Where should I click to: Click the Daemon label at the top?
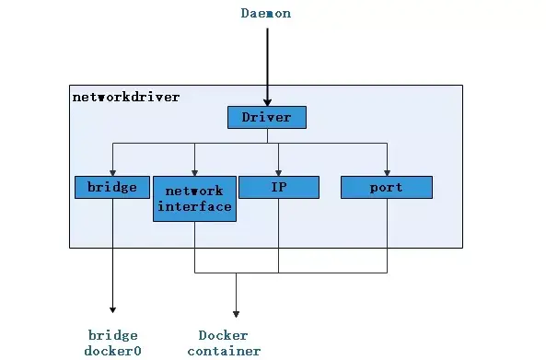pyautogui.click(x=267, y=14)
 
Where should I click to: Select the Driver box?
pyautogui.click(x=266, y=117)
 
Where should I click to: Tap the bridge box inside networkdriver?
pyautogui.click(x=112, y=187)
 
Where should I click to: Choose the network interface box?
pyautogui.click(x=194, y=199)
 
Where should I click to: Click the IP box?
pyautogui.click(x=278, y=187)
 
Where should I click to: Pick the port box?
pyautogui.click(x=386, y=187)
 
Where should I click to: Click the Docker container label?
pyautogui.click(x=224, y=343)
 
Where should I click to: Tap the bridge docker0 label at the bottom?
pyautogui.click(x=112, y=343)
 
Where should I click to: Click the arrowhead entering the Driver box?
pyautogui.click(x=267, y=102)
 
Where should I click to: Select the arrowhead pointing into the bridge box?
pyautogui.click(x=112, y=172)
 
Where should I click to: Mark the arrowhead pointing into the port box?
pyautogui.click(x=387, y=172)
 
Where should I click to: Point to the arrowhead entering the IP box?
pyautogui.click(x=278, y=172)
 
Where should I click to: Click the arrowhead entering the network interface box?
pyautogui.click(x=194, y=172)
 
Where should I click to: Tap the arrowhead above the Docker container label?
pyautogui.click(x=236, y=313)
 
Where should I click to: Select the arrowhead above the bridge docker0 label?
pyautogui.click(x=112, y=310)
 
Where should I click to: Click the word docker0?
pyautogui.click(x=112, y=351)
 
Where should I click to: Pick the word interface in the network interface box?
pyautogui.click(x=194, y=206)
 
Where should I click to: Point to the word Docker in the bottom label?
pyautogui.click(x=224, y=335)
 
